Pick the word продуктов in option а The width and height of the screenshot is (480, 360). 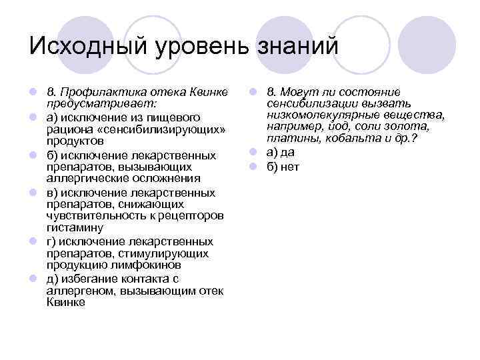[75, 141]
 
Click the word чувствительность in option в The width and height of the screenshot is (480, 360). [90, 216]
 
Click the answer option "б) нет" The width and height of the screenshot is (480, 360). [283, 166]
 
